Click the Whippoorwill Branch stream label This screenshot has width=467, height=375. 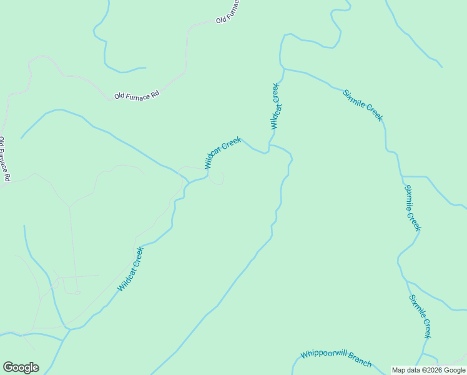[336, 358]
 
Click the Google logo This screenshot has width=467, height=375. [21, 367]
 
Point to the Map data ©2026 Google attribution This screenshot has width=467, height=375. [428, 370]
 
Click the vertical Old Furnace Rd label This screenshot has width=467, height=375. [5, 159]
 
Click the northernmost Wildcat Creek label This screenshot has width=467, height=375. [277, 106]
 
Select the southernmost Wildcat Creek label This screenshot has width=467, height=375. [130, 269]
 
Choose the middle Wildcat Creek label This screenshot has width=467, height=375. [223, 152]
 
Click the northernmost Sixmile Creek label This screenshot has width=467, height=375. [363, 105]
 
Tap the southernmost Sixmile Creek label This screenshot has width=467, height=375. [420, 316]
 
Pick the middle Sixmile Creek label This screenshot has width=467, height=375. [413, 208]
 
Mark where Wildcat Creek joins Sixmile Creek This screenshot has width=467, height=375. [285, 68]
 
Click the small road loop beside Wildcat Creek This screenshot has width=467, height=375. [217, 179]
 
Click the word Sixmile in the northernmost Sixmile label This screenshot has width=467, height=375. [354, 99]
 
